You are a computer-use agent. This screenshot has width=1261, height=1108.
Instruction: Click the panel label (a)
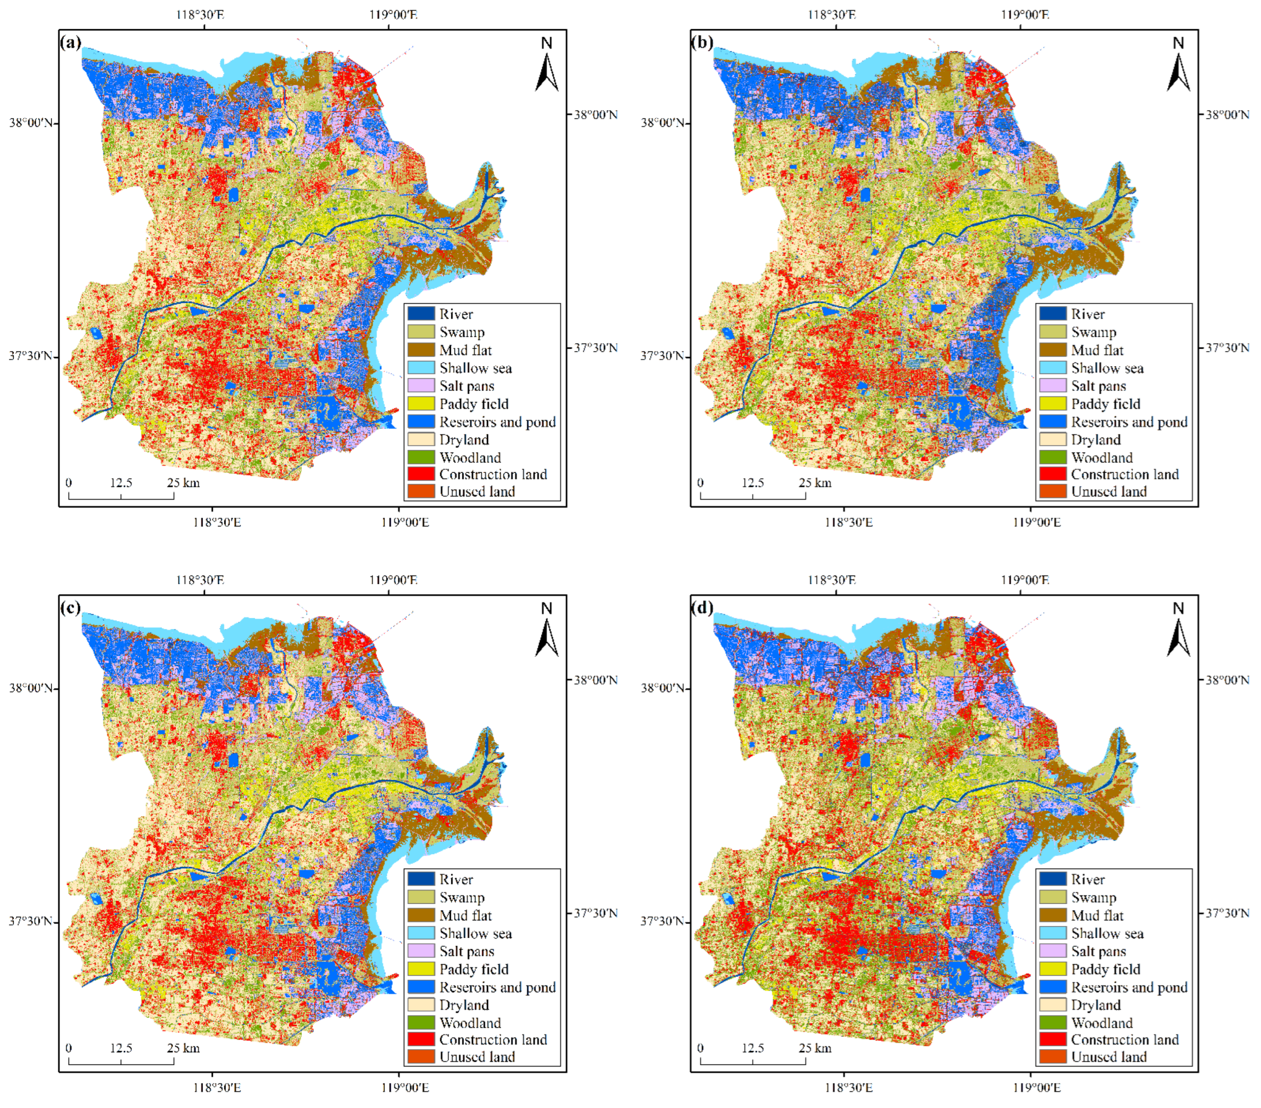point(71,43)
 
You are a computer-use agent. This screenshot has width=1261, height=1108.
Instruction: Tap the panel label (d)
point(702,608)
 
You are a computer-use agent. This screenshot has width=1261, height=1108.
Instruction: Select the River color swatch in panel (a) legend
point(421,314)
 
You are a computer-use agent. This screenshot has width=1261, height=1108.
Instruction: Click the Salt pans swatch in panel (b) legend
point(1052,386)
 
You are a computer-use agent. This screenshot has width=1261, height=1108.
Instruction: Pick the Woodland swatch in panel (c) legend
point(421,1023)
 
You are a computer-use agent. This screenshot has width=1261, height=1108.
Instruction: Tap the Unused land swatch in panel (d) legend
point(1052,1057)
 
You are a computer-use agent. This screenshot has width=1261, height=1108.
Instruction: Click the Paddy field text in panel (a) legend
point(474,404)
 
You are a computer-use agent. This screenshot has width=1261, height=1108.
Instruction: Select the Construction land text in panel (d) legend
point(1125,1039)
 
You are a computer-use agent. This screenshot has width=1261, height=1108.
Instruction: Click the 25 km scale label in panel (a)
point(183,483)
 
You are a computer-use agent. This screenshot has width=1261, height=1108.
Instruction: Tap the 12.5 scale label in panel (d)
point(753,1048)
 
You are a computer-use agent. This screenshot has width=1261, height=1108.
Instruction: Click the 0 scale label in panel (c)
point(68,1048)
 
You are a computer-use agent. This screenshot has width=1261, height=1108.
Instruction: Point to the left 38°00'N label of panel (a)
point(31,122)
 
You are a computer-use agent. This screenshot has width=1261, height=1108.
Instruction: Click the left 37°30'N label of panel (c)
point(31,921)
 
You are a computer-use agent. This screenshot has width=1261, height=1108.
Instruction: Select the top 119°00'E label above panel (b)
point(1025,14)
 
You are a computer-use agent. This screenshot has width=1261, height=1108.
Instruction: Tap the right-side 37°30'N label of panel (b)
point(1227,348)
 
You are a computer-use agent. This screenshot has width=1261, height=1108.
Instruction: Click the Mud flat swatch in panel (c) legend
point(421,915)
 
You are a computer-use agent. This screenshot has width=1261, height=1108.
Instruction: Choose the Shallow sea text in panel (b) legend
point(1107,368)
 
